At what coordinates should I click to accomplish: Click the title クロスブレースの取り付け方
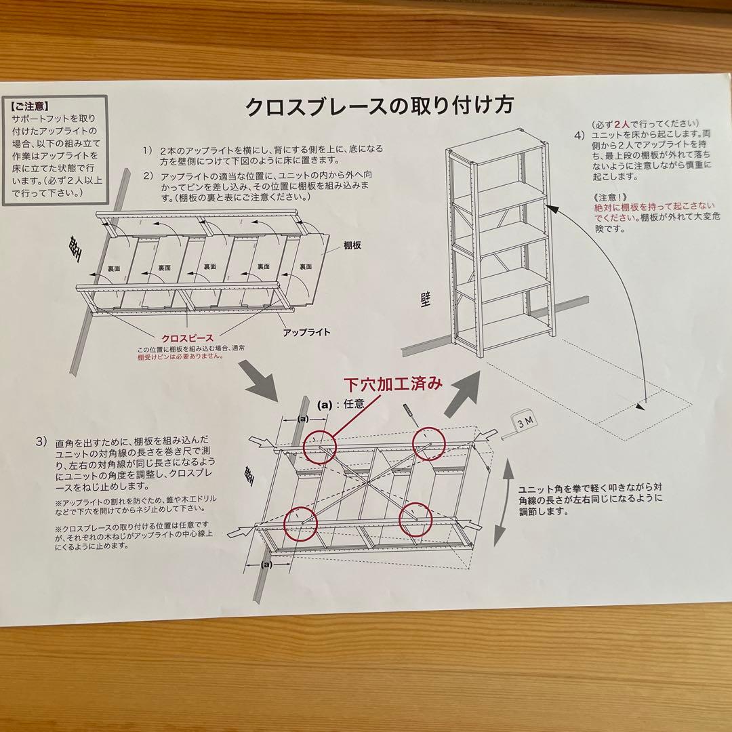click(x=379, y=107)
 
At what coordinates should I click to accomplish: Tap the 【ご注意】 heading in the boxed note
click(x=30, y=106)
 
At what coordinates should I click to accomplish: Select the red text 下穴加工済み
click(x=392, y=384)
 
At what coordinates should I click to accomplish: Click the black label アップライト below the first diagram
click(x=306, y=332)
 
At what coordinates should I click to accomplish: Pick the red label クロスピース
click(x=187, y=338)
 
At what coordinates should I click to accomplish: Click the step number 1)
click(x=148, y=150)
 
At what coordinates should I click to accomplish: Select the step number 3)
click(x=41, y=442)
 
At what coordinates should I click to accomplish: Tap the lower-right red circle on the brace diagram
click(x=415, y=520)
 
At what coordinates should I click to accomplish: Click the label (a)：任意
click(x=346, y=405)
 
